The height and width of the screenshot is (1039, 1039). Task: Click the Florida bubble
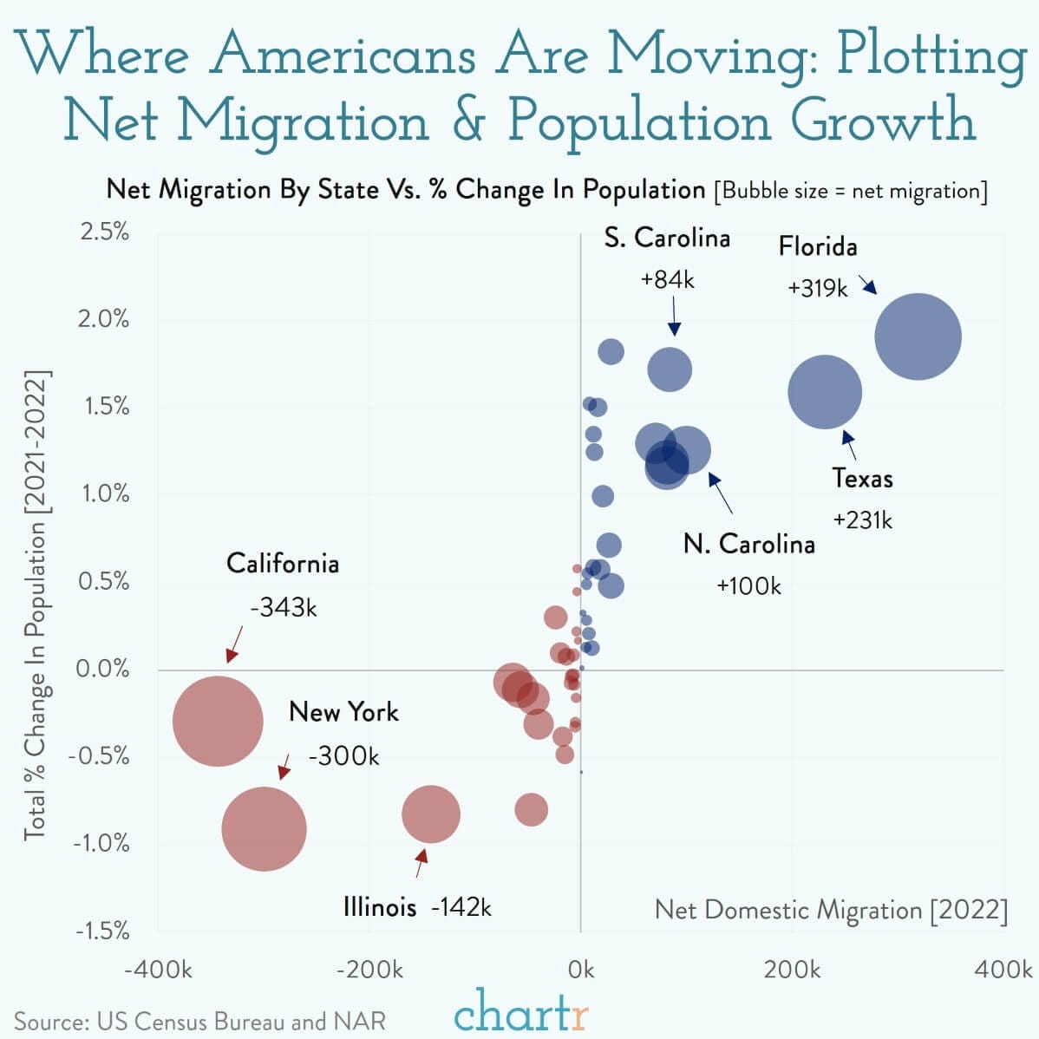coord(918,337)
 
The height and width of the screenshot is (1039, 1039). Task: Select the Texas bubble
coord(825,392)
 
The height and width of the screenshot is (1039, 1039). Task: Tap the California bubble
coord(218,722)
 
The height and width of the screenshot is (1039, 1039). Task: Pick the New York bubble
coord(264,828)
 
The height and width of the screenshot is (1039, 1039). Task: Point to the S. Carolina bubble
coord(670,369)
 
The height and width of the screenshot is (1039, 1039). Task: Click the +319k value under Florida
coord(817,288)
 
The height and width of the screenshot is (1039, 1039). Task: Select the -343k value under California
coord(284,607)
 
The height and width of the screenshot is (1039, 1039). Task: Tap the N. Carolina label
coord(749,544)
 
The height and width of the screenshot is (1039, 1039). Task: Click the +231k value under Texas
coord(862,519)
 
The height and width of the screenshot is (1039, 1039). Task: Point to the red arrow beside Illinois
coord(421,863)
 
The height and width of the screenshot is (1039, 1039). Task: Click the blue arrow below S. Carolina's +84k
coord(674,316)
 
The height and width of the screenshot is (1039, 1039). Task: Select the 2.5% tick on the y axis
coord(104,232)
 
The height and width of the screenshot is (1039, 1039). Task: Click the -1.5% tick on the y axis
coord(101,931)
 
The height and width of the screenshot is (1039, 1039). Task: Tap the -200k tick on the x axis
coord(369,969)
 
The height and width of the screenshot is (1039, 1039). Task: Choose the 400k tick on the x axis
coord(1003,969)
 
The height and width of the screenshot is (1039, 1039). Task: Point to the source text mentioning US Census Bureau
coord(199,1021)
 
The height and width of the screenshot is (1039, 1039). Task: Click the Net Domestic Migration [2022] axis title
coord(831,910)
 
